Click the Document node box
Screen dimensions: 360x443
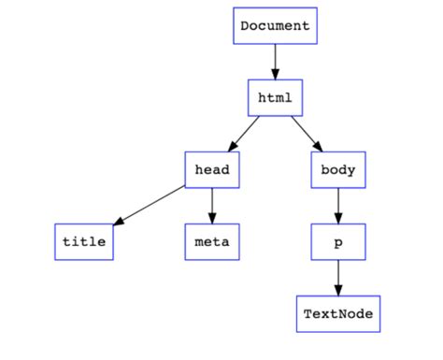tap(275, 26)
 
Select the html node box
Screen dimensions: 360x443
tap(275, 97)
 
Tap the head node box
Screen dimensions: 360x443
tap(212, 169)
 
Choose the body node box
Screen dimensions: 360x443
tap(337, 169)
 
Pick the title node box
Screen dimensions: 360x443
tap(83, 241)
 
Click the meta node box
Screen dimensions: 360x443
tap(212, 241)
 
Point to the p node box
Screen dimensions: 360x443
tap(337, 241)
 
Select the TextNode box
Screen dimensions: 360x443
tap(337, 313)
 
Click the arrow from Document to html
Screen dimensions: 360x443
tap(275, 62)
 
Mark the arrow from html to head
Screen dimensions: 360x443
tap(245, 132)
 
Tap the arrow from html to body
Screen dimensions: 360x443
tap(306, 133)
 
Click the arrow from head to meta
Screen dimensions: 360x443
tap(212, 204)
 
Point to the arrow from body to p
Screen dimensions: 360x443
tap(337, 204)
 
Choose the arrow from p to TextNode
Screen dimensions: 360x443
tap(337, 276)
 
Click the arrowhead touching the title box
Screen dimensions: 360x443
tap(116, 222)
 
